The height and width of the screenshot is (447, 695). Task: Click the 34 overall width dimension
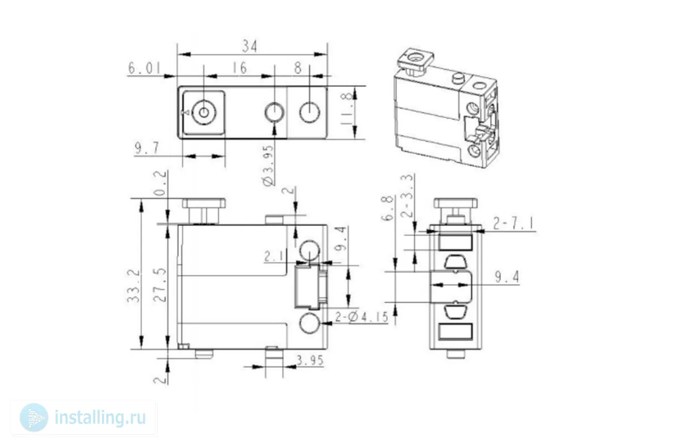250,46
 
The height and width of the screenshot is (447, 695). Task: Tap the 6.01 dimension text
144,68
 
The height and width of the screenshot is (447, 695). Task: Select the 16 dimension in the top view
239,68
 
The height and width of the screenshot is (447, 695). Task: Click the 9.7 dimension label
146,148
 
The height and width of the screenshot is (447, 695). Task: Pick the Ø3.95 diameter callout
268,166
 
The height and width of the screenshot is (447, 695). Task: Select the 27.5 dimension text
160,286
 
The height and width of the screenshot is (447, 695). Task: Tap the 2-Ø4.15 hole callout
361,316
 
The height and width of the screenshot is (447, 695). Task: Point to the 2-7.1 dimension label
514,223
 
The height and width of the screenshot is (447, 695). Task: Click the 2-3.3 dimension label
408,196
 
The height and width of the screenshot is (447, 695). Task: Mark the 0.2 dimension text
160,183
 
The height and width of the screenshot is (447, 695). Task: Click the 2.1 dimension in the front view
274,256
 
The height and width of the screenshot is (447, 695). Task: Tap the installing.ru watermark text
100,417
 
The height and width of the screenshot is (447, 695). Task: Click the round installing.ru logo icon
34,417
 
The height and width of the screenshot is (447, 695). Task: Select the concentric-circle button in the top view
204,113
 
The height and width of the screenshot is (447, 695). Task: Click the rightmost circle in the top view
310,112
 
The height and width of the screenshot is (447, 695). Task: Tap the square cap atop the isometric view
417,60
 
